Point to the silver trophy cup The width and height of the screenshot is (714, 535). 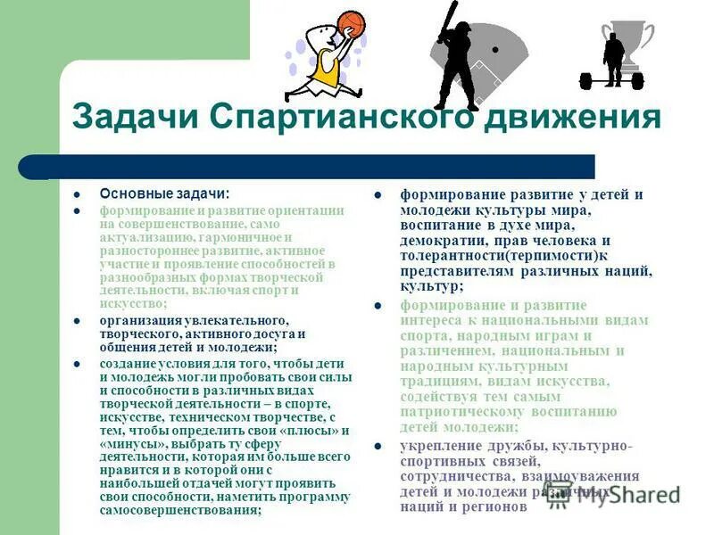630,40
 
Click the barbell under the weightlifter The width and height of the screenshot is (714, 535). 611,80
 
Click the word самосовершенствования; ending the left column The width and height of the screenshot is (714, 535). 180,511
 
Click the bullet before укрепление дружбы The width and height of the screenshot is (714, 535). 378,446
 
